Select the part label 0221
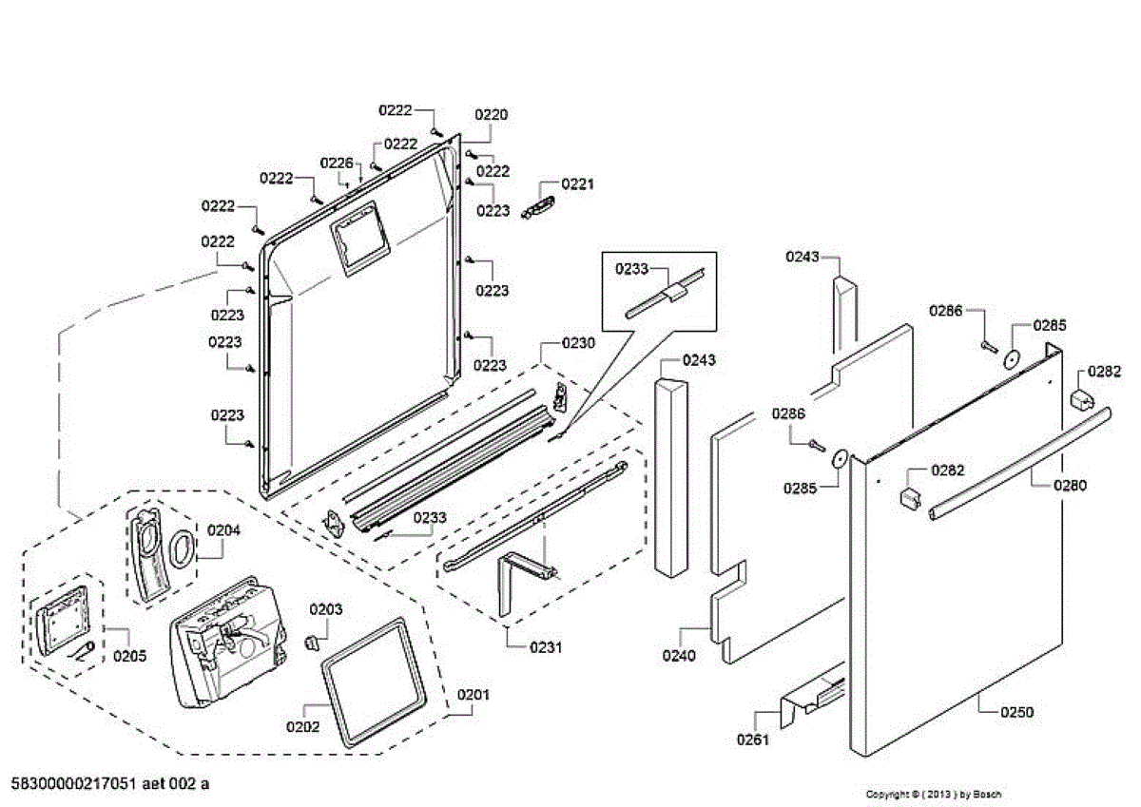(577, 183)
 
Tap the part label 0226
(336, 163)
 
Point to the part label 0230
(578, 343)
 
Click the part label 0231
(546, 647)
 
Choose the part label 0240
(679, 655)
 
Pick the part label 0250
(1016, 712)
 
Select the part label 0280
(1070, 485)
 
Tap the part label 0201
(474, 695)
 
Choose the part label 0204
(225, 531)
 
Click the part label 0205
(130, 656)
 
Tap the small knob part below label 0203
(309, 641)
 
